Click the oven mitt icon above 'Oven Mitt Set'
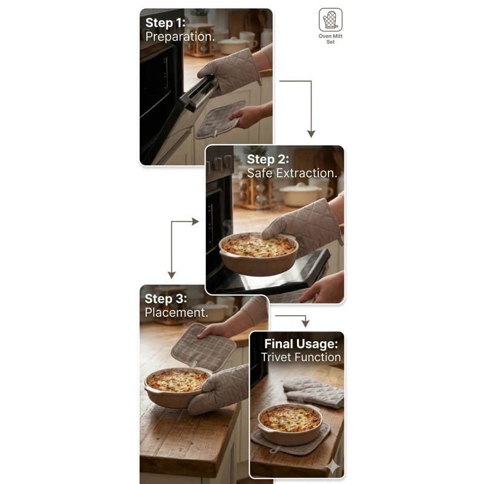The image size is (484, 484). coord(330,20)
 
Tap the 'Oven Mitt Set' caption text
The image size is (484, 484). coord(330,39)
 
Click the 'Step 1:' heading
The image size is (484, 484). coord(165,23)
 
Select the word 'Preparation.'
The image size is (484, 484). coord(180,37)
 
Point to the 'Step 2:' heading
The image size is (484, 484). coord(267,159)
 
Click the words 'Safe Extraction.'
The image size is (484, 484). coord(292,173)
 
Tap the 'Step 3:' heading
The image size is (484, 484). coord(166,299)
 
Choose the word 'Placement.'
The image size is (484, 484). coord(177,312)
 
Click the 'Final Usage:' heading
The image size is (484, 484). coord(301,344)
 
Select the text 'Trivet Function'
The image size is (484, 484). coord(301,357)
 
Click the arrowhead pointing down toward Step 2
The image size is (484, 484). coord(311,134)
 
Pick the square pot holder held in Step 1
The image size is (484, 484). coord(220,120)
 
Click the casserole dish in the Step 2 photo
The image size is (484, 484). coord(259,254)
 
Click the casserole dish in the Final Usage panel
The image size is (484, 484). coord(290,425)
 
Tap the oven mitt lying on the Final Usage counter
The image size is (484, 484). coord(313,392)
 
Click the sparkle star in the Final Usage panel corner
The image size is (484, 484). coord(333,466)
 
